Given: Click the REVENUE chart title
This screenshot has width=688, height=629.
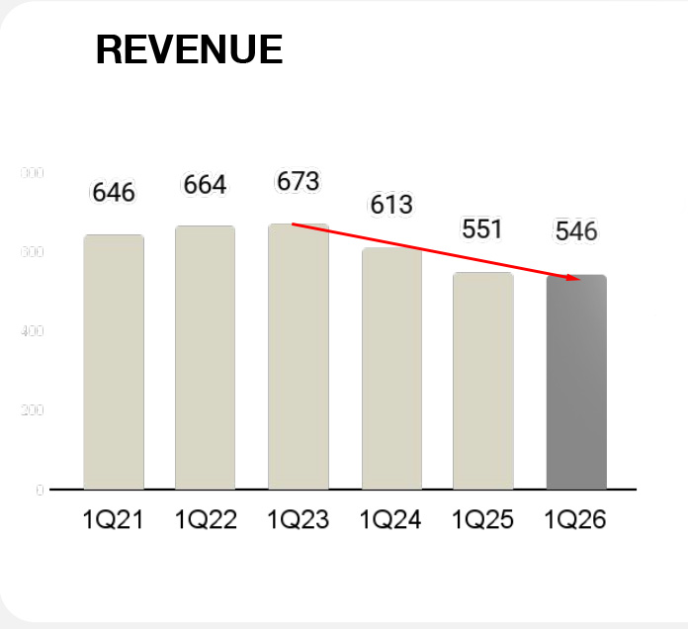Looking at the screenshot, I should point(189,49).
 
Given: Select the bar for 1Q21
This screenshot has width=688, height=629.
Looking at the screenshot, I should point(114,362).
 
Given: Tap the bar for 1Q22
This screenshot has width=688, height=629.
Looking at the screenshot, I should point(205,357).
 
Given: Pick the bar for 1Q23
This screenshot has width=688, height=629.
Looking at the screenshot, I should point(298,357).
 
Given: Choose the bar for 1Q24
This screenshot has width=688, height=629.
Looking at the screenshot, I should point(391,368).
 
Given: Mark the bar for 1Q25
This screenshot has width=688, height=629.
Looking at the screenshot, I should point(483,381).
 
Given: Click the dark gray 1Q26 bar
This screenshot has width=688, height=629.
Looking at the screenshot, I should point(576,382).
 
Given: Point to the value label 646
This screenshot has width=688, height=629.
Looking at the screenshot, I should point(114,192).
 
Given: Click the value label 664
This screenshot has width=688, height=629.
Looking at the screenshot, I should point(205,185).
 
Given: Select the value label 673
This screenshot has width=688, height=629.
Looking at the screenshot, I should point(298,181).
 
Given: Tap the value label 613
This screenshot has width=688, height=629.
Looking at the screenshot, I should point(391,205).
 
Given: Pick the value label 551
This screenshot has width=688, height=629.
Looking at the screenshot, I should point(483,229).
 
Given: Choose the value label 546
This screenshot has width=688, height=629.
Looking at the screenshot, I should point(576,231).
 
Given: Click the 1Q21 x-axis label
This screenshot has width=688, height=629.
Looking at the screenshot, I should point(114,520).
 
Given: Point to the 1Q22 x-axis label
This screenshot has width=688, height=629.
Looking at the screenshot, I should point(206,520).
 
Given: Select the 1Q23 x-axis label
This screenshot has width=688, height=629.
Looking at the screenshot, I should point(299,520).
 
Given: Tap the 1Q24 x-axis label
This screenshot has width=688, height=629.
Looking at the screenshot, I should point(390,520).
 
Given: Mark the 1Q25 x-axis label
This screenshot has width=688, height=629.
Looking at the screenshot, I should point(483,520).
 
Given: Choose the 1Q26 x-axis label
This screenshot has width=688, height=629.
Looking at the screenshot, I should point(575,520).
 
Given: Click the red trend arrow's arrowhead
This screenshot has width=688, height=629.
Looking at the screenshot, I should point(573,279).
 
